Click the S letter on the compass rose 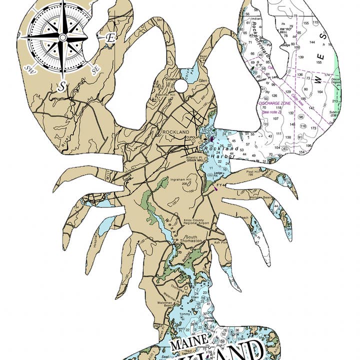pos(61,86)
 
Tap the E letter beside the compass pos(110,37)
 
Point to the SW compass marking pos(28,68)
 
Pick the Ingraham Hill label pos(181,179)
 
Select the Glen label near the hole pos(202,80)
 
